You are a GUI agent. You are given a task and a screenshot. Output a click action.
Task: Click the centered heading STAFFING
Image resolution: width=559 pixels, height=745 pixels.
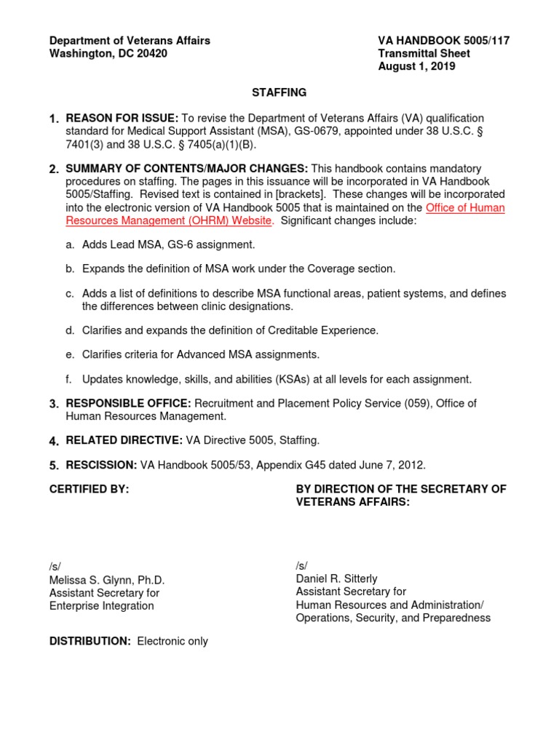[x=279, y=92]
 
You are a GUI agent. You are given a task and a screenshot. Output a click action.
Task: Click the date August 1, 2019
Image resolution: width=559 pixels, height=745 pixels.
[x=416, y=66]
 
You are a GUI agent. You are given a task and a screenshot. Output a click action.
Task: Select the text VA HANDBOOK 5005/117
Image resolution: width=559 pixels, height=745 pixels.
[x=443, y=41]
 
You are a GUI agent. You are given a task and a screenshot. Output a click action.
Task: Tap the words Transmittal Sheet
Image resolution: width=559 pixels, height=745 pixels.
[x=424, y=54]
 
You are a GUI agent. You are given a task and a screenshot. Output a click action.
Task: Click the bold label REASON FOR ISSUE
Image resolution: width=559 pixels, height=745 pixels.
[x=121, y=118]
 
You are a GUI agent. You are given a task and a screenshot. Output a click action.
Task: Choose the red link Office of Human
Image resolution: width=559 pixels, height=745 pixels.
[x=465, y=208]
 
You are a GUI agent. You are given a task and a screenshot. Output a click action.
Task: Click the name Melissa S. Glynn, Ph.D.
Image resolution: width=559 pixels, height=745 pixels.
[x=107, y=580]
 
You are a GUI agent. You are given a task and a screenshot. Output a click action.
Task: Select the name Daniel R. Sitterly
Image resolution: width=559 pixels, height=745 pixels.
[x=336, y=578]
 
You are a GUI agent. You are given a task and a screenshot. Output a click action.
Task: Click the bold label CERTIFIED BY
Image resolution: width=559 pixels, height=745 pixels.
[x=89, y=490]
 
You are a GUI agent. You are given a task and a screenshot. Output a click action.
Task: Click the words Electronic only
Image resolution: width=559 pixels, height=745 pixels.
[x=173, y=641]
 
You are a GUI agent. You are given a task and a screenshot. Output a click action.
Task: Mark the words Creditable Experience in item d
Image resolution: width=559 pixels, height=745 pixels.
[x=325, y=330]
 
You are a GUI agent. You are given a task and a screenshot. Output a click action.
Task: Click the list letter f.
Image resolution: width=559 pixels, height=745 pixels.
[x=69, y=379]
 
